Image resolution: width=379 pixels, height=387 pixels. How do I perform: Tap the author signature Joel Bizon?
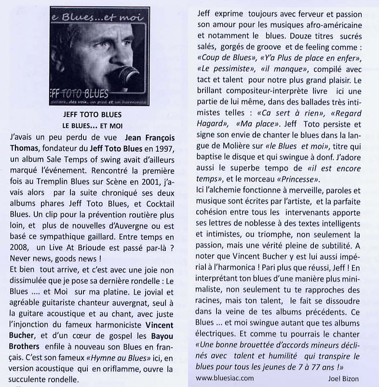pyautogui.click(x=343, y=378)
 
